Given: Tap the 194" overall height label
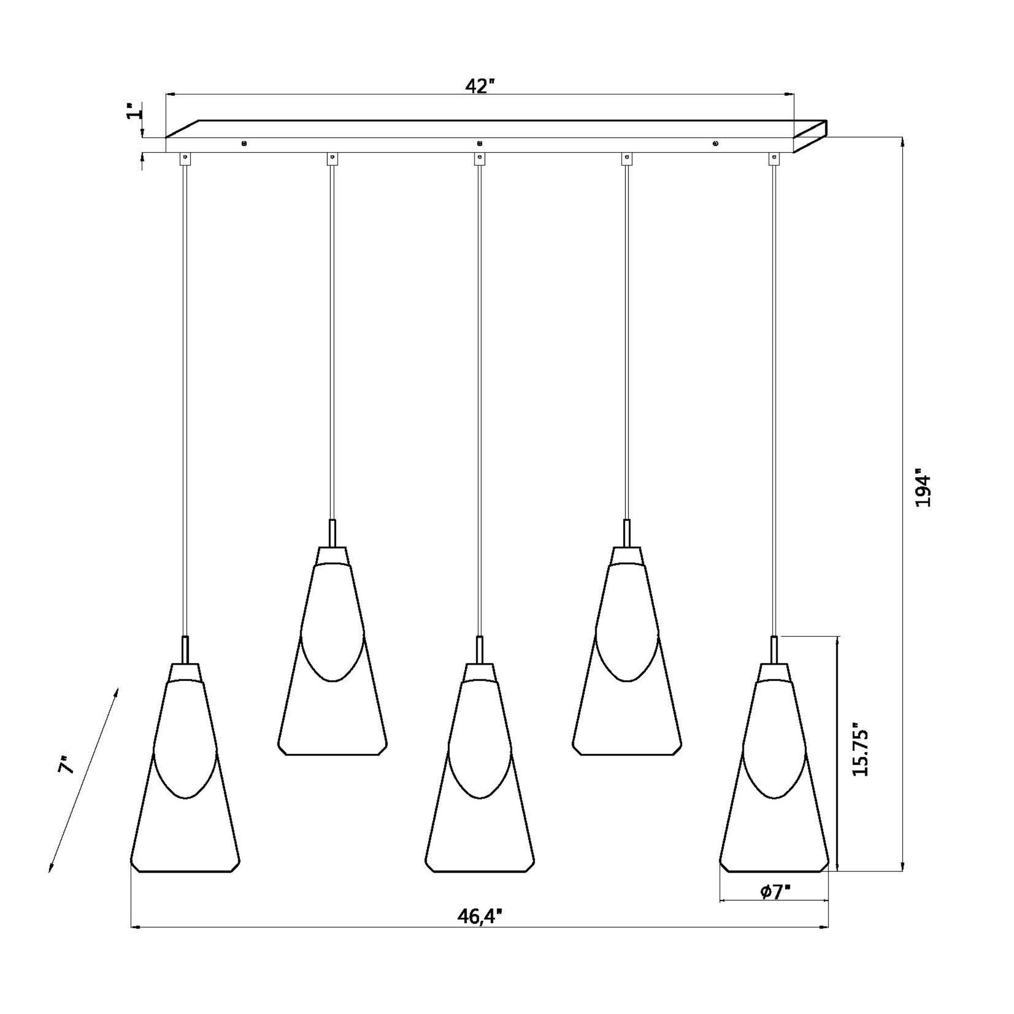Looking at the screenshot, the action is [x=922, y=488].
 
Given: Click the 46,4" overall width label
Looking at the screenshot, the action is [x=480, y=917].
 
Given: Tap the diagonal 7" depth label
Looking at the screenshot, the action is [x=67, y=766].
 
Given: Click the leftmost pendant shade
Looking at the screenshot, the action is [x=185, y=769].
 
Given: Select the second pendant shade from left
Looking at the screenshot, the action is [x=332, y=651].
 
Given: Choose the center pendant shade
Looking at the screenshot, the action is [x=479, y=769].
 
